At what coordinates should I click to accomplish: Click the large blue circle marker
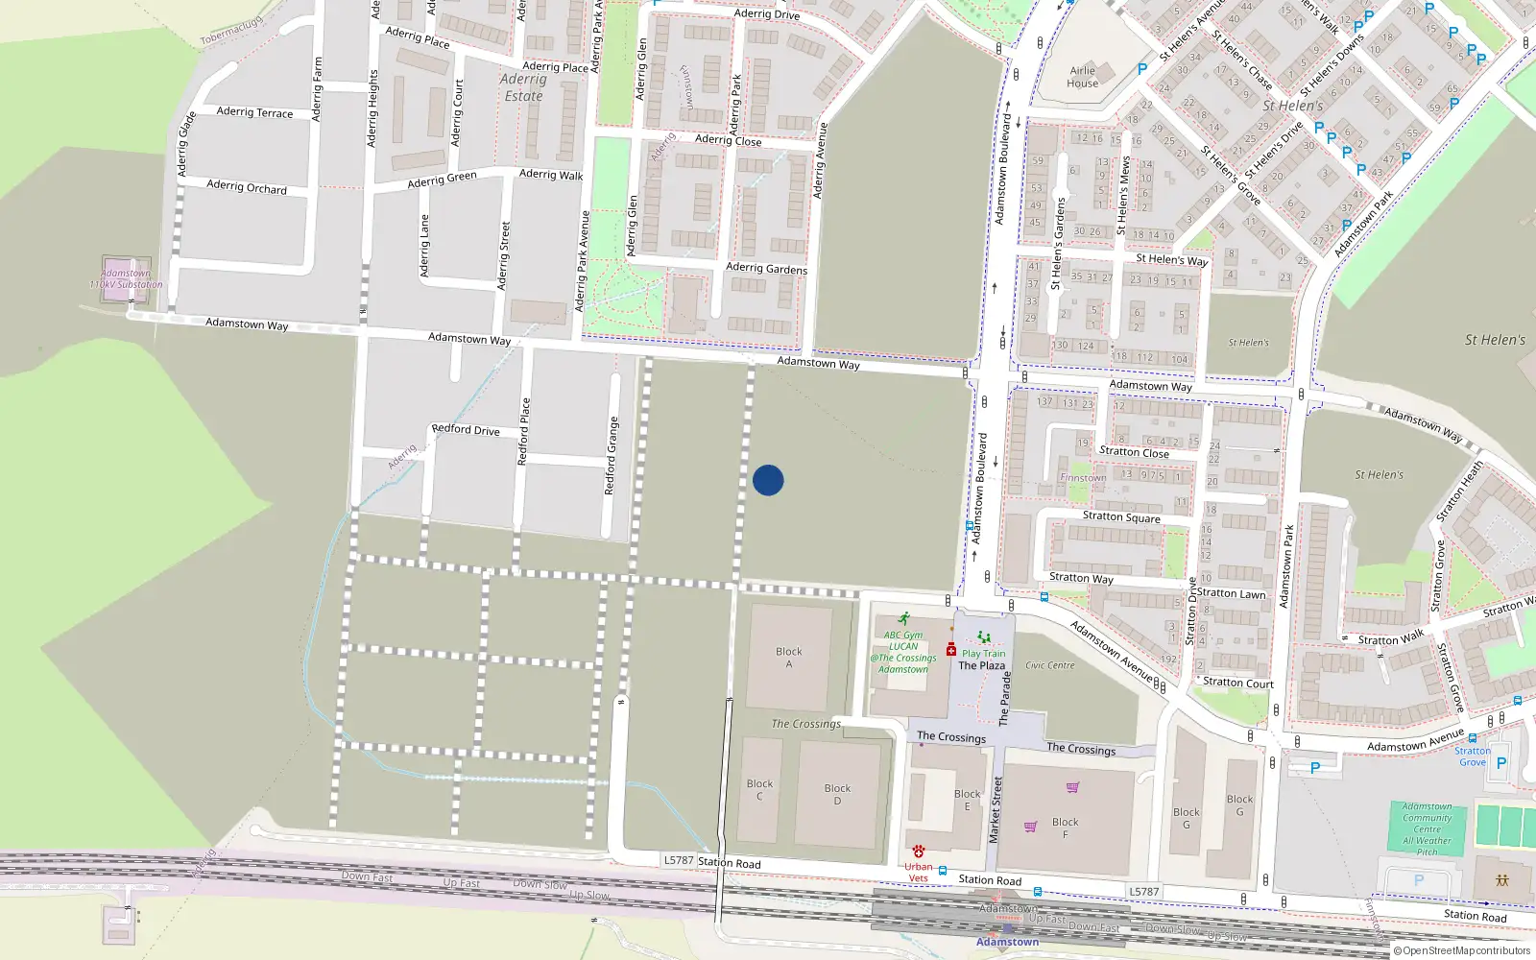pyautogui.click(x=768, y=480)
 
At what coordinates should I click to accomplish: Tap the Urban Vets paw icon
pyautogui.click(x=919, y=852)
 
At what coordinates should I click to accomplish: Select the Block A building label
pyautogui.click(x=789, y=658)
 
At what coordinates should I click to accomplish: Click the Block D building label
pyautogui.click(x=837, y=795)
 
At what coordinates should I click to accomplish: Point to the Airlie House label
pyautogui.click(x=1082, y=77)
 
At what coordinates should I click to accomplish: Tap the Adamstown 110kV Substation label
pyautogui.click(x=126, y=279)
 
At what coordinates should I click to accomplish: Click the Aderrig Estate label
pyautogui.click(x=523, y=87)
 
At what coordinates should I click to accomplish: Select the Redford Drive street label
pyautogui.click(x=466, y=429)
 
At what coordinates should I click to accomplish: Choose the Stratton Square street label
pyautogui.click(x=1121, y=516)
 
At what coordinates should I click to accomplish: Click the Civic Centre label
pyautogui.click(x=1050, y=665)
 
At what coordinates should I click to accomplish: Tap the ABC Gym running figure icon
pyautogui.click(x=903, y=619)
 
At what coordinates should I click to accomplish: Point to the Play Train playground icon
pyautogui.click(x=983, y=637)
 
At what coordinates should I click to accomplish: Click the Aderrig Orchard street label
pyautogui.click(x=247, y=186)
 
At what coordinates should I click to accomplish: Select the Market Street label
pyautogui.click(x=996, y=810)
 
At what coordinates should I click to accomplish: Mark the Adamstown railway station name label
pyautogui.click(x=1008, y=942)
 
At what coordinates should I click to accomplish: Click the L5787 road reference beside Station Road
pyautogui.click(x=679, y=860)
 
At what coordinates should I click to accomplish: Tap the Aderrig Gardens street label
pyautogui.click(x=766, y=269)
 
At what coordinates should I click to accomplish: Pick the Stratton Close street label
pyautogui.click(x=1134, y=452)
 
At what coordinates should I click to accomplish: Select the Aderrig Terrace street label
pyautogui.click(x=254, y=112)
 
